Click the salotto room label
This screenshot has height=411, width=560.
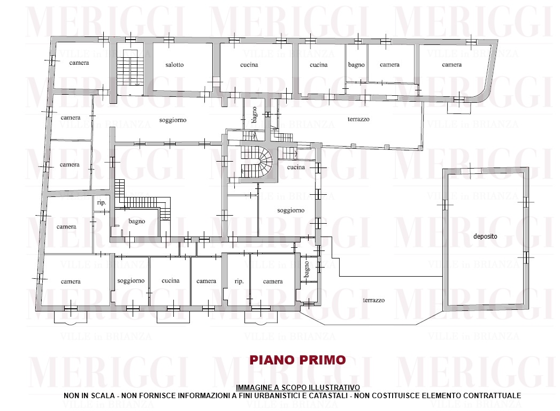[x=174, y=65]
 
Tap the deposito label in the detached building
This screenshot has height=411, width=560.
[x=485, y=236]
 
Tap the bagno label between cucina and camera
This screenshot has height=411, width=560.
[x=356, y=65]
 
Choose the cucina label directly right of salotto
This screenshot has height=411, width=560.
[x=249, y=65]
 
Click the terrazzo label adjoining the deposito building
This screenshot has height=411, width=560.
[x=373, y=300]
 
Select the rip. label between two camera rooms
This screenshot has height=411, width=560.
[x=239, y=281]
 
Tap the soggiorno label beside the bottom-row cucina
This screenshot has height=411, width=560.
[x=131, y=281]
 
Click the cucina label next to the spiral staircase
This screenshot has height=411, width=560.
[x=296, y=168]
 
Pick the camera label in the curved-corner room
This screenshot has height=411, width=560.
[x=452, y=65]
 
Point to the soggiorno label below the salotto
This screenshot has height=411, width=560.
[x=173, y=120]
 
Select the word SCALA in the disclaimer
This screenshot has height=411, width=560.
[x=105, y=395]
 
